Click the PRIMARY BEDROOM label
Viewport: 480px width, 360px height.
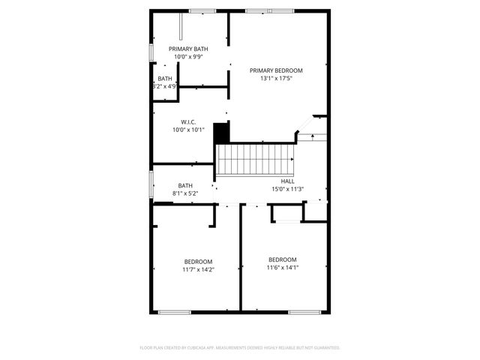pos(276,70)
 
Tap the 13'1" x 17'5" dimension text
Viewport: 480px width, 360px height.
pos(276,78)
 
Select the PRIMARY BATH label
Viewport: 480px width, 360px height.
pos(188,49)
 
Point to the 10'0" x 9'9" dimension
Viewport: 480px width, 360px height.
pos(188,56)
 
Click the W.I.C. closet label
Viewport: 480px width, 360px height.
pos(188,121)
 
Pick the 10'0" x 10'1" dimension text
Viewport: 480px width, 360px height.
pos(188,129)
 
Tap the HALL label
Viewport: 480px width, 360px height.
pos(287,181)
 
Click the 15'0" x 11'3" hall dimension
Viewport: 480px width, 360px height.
pos(287,189)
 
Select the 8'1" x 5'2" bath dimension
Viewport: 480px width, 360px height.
pos(185,193)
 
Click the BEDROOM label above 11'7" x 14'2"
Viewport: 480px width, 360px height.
pos(198,262)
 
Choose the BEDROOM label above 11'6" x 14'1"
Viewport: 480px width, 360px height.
pos(283,259)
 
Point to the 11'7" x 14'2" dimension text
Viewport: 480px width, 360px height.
pos(198,269)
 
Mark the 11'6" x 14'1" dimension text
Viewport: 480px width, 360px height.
pos(283,267)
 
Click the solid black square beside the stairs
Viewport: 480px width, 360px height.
pos(221,133)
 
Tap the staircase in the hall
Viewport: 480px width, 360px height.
pos(254,159)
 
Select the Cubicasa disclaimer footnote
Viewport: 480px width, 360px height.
pos(240,348)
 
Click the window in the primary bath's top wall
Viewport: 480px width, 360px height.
pos(200,11)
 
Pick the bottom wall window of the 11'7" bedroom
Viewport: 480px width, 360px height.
pos(174,311)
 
